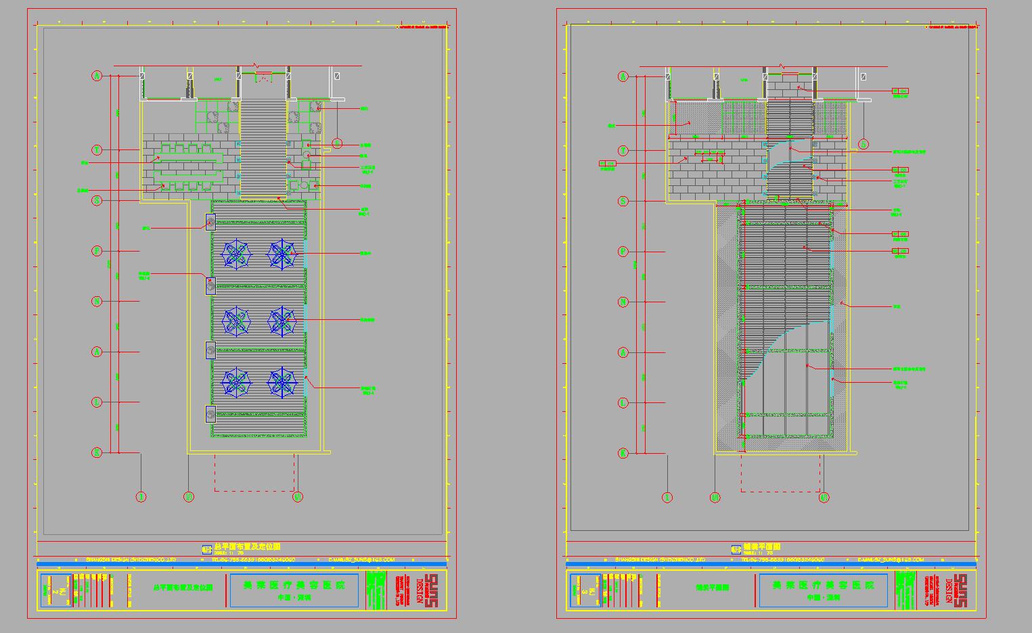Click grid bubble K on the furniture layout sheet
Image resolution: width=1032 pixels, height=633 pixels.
[x=97, y=452]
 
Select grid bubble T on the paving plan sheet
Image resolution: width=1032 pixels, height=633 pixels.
[x=623, y=150]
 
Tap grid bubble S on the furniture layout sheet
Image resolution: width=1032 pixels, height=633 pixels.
[x=97, y=200]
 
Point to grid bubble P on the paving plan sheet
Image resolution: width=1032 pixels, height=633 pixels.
[x=623, y=252]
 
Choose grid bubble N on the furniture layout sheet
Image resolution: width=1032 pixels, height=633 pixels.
[x=97, y=302]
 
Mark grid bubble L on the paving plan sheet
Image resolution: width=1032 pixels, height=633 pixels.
[x=623, y=402]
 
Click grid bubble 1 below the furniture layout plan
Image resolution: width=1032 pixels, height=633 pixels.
[x=141, y=497]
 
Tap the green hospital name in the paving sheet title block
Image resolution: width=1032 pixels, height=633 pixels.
[x=823, y=585]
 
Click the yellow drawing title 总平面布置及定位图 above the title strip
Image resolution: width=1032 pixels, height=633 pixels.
[x=246, y=546]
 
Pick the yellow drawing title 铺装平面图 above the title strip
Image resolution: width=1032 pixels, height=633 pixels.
[x=762, y=546]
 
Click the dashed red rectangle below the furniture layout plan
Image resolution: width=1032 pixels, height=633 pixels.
[x=255, y=473]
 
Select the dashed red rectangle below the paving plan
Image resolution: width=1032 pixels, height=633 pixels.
[x=781, y=473]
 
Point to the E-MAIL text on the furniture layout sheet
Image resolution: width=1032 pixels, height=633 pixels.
[x=361, y=560]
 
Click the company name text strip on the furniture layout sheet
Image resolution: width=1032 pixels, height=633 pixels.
[x=130, y=560]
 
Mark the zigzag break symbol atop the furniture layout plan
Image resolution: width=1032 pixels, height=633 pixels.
[x=256, y=66]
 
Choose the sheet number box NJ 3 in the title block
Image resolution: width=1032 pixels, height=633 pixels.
[x=585, y=590]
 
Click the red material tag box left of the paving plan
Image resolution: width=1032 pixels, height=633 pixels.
[x=607, y=164]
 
